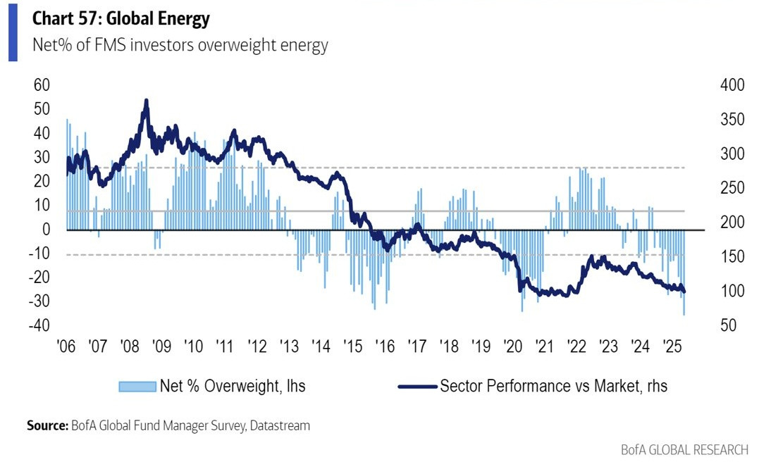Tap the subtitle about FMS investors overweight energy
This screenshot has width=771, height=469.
coord(180,46)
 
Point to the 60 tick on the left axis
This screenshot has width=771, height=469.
coord(42,85)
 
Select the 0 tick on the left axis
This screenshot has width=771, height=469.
coord(46,230)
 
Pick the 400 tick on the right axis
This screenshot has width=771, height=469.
coord(732,85)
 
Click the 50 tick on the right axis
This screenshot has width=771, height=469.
coord(729,326)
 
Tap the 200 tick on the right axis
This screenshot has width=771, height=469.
coord(732,223)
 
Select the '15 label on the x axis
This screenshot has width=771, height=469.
coord(352,347)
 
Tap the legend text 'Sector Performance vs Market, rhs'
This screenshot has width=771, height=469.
coord(553,386)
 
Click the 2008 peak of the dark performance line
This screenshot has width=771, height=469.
coord(146,101)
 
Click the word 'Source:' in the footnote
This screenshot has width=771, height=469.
coord(47,426)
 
